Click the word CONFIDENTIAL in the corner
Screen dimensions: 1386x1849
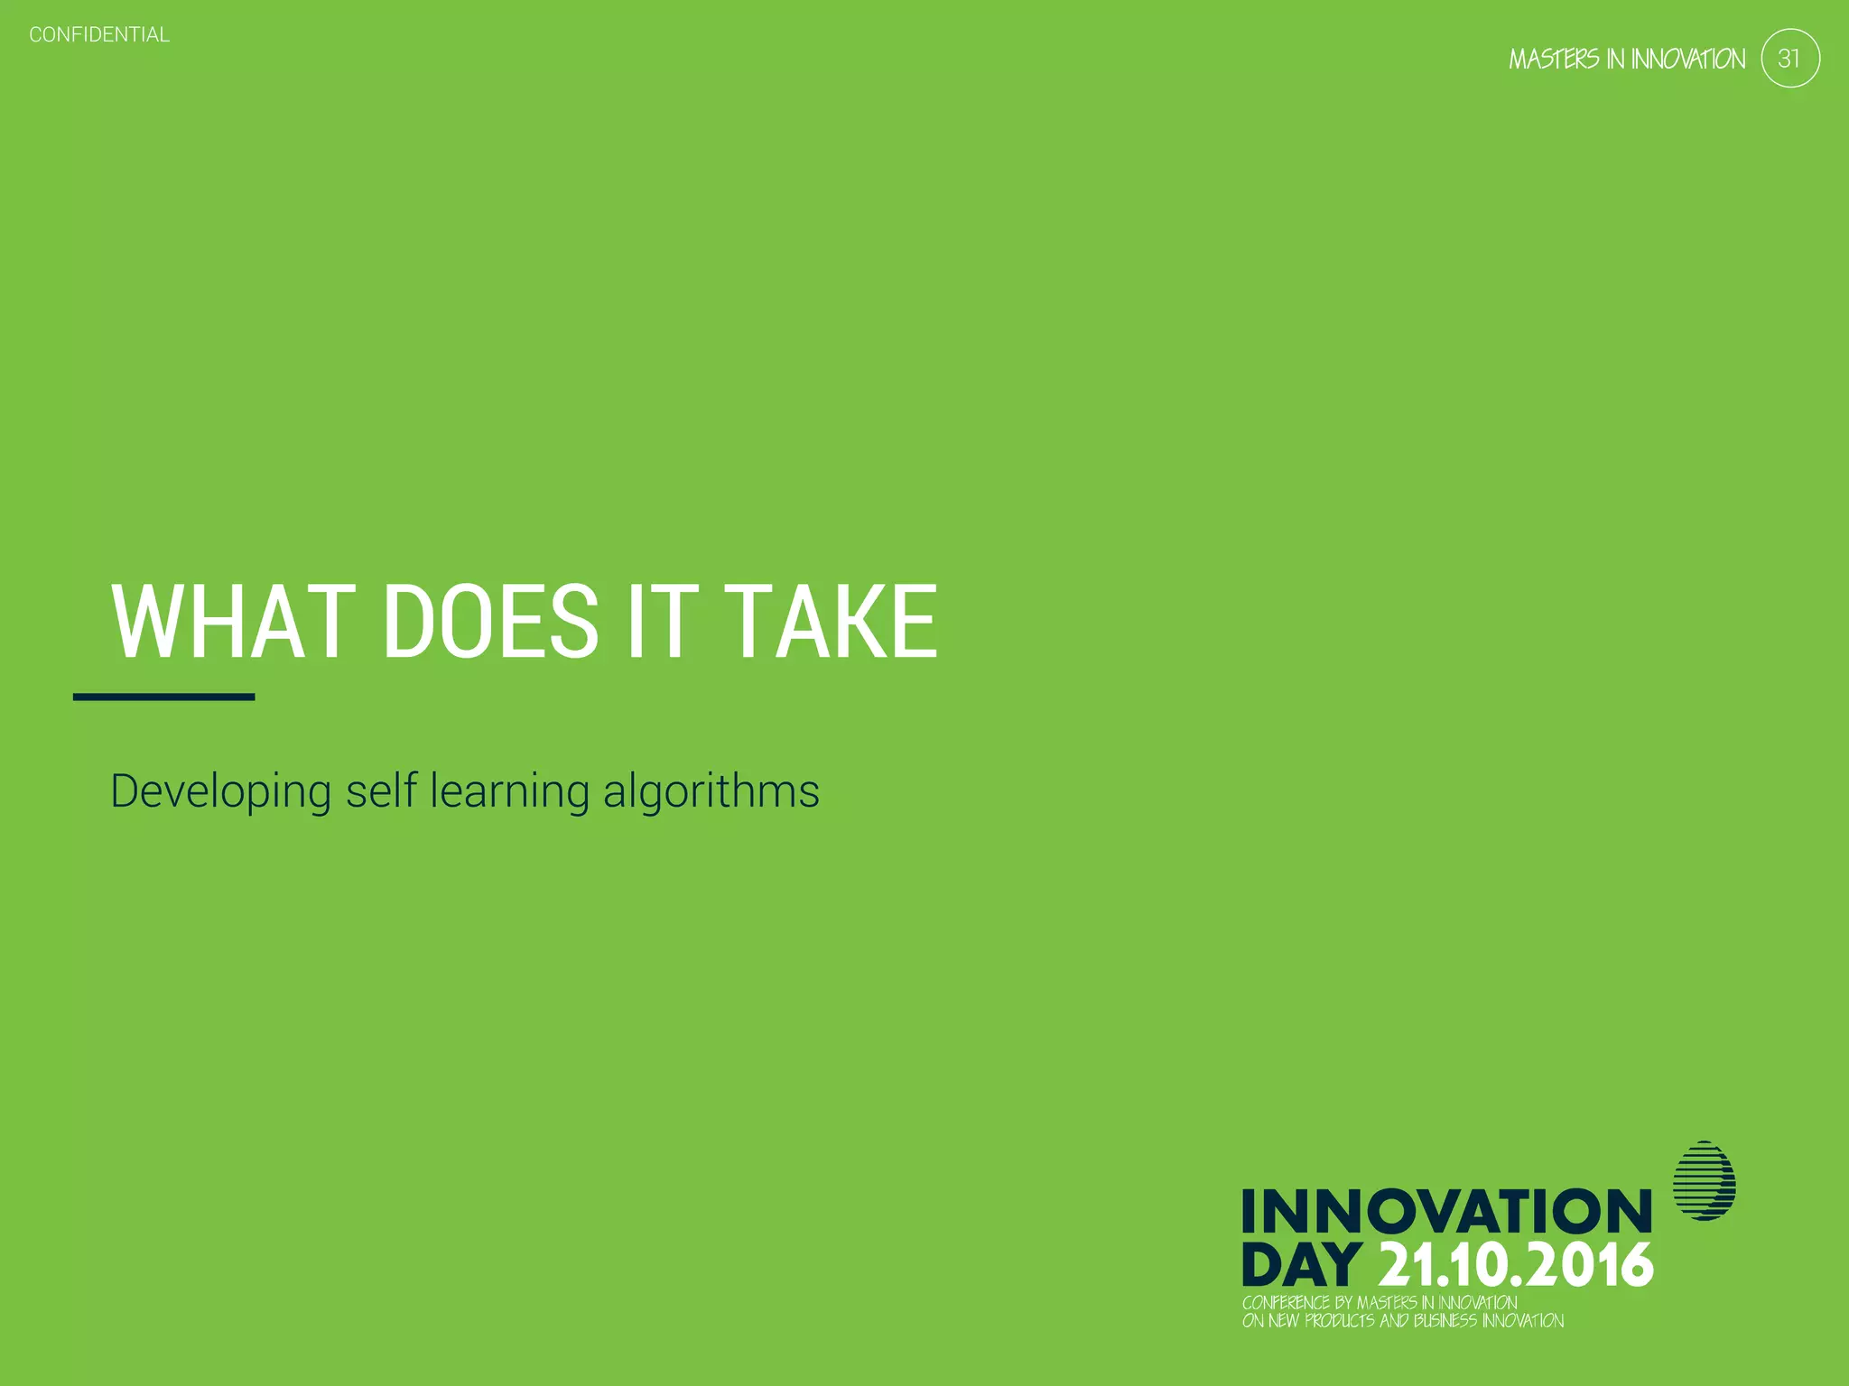pyautogui.click(x=99, y=35)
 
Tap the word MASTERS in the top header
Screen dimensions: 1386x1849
pyautogui.click(x=1554, y=60)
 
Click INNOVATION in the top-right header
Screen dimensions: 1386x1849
pyautogui.click(x=1688, y=60)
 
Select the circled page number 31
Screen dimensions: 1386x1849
pyautogui.click(x=1789, y=59)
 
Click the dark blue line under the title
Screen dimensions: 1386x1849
pyautogui.click(x=163, y=697)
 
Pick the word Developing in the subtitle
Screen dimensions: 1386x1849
pyautogui.click(x=221, y=791)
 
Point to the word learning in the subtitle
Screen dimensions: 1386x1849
pyautogui.click(x=510, y=791)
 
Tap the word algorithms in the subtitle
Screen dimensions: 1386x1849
pyautogui.click(x=711, y=791)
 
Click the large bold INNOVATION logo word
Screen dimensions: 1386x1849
pyautogui.click(x=1446, y=1211)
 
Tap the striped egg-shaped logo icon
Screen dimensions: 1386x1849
pyautogui.click(x=1705, y=1181)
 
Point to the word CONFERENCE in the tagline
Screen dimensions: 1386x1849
pyautogui.click(x=1286, y=1303)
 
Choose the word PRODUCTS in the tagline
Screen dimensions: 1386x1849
pyautogui.click(x=1340, y=1321)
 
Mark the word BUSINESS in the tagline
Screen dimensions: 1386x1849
pyautogui.click(x=1445, y=1321)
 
